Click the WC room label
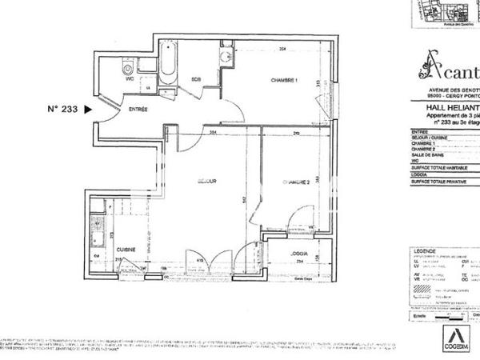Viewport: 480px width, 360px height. [x=128, y=78]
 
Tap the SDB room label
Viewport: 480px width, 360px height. [x=197, y=78]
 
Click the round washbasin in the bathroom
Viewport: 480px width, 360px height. [x=226, y=56]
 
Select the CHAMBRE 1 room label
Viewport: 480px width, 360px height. [x=283, y=79]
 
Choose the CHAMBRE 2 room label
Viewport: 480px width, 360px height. [x=296, y=183]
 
